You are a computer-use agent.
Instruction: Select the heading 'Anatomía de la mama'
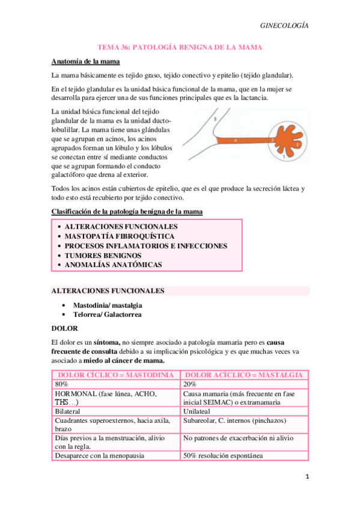point(85,61)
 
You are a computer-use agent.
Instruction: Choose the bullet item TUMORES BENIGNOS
point(103,255)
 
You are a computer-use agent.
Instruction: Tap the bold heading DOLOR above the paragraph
point(64,328)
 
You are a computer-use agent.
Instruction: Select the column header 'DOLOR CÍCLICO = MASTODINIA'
point(115,375)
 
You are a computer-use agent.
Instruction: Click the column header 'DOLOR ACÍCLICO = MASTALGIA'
point(245,375)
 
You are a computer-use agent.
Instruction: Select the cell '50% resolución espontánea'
point(223,455)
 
